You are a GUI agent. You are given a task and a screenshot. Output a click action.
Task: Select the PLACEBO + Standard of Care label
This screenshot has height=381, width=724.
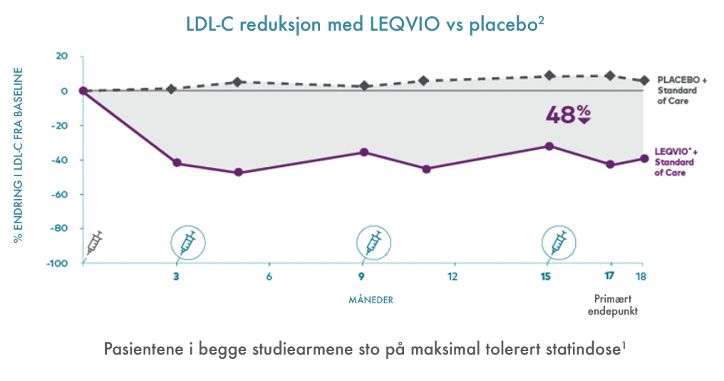pos(682,91)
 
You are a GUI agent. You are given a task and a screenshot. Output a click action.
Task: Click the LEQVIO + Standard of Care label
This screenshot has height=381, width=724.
pos(675,162)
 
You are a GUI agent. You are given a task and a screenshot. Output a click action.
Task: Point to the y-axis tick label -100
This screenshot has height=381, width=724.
pos(57,263)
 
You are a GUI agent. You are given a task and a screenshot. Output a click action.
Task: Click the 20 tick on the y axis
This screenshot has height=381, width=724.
pos(62,56)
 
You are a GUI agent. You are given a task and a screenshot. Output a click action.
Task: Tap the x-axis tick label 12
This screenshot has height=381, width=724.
pos(452,277)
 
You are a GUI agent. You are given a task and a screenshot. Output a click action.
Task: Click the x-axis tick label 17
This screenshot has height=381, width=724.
pos(609,277)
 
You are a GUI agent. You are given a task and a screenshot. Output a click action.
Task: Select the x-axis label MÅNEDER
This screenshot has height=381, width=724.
pos(371,300)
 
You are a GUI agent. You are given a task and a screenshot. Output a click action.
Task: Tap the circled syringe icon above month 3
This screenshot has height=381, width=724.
pos(187,243)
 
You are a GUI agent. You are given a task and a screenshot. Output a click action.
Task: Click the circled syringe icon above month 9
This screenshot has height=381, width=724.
pos(373,243)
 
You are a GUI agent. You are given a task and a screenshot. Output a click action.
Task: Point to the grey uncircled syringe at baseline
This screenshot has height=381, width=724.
pos(95,243)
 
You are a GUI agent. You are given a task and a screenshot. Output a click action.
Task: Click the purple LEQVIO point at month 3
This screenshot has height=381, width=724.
pos(177,163)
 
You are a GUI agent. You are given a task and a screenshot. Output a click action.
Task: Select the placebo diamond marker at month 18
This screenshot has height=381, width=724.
pos(644,81)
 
